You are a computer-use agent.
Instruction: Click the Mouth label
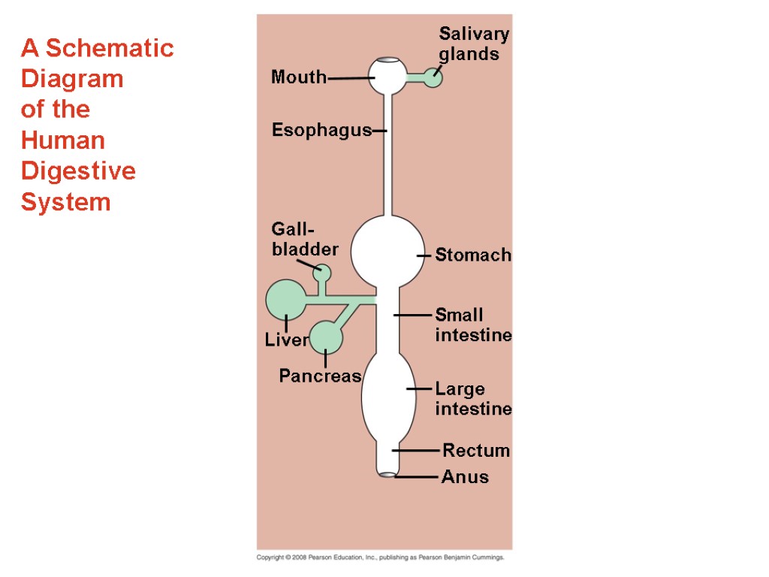(x=299, y=77)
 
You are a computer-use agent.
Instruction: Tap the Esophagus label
(x=321, y=130)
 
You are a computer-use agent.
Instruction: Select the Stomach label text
(x=473, y=255)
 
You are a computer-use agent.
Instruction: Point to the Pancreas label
(x=320, y=376)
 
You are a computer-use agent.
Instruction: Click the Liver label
(x=286, y=340)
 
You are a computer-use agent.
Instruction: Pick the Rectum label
(x=476, y=451)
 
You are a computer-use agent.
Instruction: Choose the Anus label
(x=465, y=477)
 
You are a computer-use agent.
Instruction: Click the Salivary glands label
(x=473, y=44)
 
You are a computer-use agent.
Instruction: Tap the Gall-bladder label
(x=305, y=239)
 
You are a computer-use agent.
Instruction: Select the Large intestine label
(x=473, y=399)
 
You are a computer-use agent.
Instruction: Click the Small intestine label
(x=473, y=325)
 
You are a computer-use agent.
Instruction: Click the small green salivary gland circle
(x=433, y=77)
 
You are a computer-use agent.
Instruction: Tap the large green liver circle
(x=285, y=300)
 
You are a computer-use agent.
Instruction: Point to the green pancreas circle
(x=326, y=337)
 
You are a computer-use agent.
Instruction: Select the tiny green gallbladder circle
(x=321, y=272)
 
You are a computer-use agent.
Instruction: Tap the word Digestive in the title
(x=78, y=171)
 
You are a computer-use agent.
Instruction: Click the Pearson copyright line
(x=380, y=558)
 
